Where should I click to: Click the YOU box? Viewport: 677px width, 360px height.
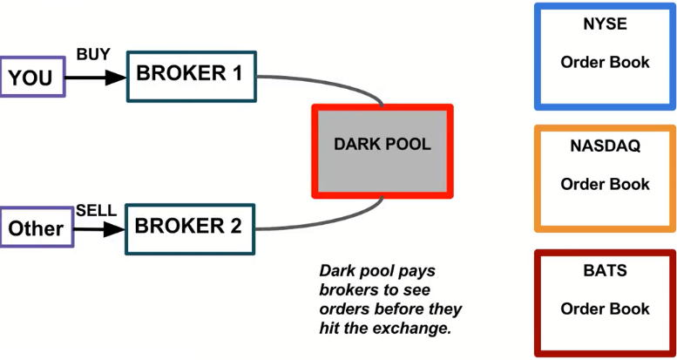click(31, 77)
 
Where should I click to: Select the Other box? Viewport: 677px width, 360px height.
click(35, 228)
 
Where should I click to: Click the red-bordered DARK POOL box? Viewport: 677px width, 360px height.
click(383, 151)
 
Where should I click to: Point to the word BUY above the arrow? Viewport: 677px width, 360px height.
click(93, 54)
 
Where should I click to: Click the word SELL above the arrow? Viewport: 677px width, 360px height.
click(96, 210)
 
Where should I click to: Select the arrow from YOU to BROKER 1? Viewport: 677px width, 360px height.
click(96, 77)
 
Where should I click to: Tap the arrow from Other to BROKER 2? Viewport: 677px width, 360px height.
click(97, 229)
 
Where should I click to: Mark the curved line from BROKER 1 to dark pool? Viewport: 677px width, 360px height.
click(340, 82)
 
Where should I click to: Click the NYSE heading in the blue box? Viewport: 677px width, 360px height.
click(605, 24)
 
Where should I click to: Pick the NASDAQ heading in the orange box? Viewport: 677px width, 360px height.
click(605, 146)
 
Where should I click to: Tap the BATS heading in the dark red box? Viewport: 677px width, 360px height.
click(605, 271)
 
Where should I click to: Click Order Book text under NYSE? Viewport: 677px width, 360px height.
click(605, 62)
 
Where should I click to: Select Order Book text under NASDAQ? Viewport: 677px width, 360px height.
click(605, 184)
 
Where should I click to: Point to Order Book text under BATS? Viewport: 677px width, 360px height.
click(605, 309)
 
